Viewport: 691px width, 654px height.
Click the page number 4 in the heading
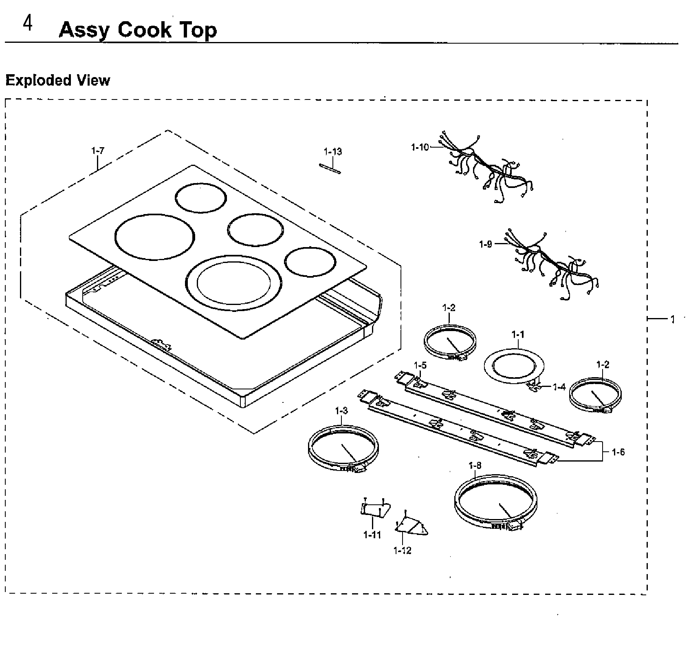tap(27, 25)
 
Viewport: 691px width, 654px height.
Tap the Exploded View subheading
tap(57, 80)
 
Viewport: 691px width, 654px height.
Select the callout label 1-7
tap(98, 151)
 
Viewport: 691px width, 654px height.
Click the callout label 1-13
tap(333, 152)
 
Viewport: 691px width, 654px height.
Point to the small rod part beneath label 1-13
tap(330, 168)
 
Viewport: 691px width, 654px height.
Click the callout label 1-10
tap(420, 147)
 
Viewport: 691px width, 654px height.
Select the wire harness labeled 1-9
tap(554, 265)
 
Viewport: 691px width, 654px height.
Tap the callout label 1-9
tap(486, 244)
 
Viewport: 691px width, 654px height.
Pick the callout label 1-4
tap(559, 387)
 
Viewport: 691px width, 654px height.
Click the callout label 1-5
tap(420, 365)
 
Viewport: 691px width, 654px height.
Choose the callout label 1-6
tap(618, 452)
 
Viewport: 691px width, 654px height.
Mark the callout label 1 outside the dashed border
tap(673, 320)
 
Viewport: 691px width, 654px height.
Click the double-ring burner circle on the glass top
tap(234, 282)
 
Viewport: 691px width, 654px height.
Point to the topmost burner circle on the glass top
tap(200, 197)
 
